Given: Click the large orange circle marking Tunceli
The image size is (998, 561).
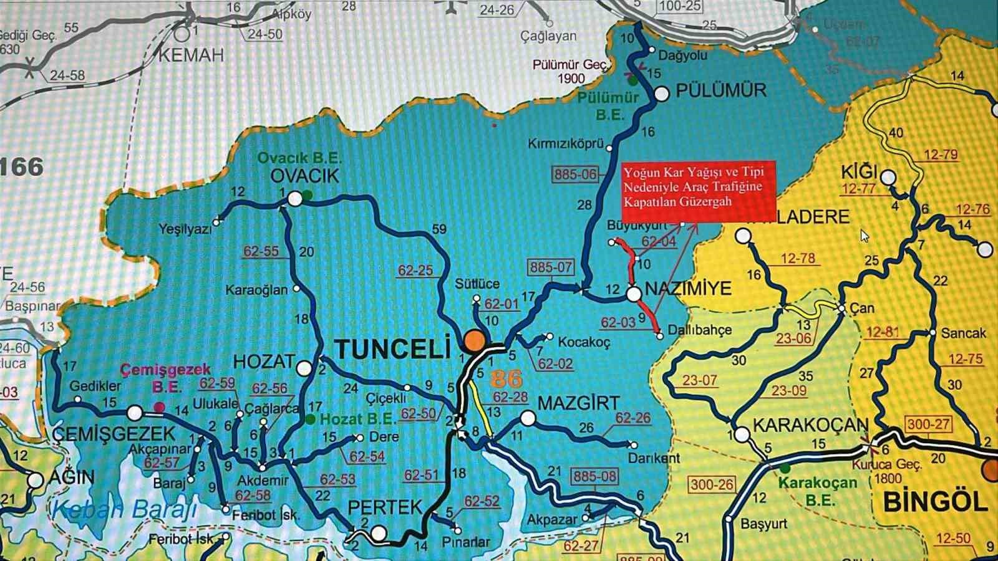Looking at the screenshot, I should click(474, 340).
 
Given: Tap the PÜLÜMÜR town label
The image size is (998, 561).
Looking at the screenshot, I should click(721, 91).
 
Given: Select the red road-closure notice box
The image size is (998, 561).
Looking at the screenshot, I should click(697, 187).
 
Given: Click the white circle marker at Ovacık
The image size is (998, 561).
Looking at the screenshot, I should click(294, 199).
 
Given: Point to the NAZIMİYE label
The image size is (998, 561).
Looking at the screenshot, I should click(688, 288).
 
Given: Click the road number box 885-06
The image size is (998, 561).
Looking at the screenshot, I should click(575, 175).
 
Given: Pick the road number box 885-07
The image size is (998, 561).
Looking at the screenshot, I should click(551, 267).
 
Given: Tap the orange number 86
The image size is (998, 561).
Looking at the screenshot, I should click(506, 378).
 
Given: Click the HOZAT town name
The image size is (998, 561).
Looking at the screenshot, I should click(264, 362).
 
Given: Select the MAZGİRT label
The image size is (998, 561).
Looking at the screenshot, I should click(578, 403).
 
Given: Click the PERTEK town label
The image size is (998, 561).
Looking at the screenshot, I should click(385, 507).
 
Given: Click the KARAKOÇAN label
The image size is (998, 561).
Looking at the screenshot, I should click(810, 426).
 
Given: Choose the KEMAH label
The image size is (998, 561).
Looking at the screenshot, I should click(191, 55).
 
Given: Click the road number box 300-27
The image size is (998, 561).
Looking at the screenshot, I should click(929, 424).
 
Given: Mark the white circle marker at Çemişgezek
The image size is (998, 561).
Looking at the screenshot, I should click(135, 413).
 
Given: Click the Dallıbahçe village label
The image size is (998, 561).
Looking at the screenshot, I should click(700, 330).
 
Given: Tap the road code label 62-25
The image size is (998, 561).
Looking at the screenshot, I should click(415, 271).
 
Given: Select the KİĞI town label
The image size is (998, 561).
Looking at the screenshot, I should click(859, 171).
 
